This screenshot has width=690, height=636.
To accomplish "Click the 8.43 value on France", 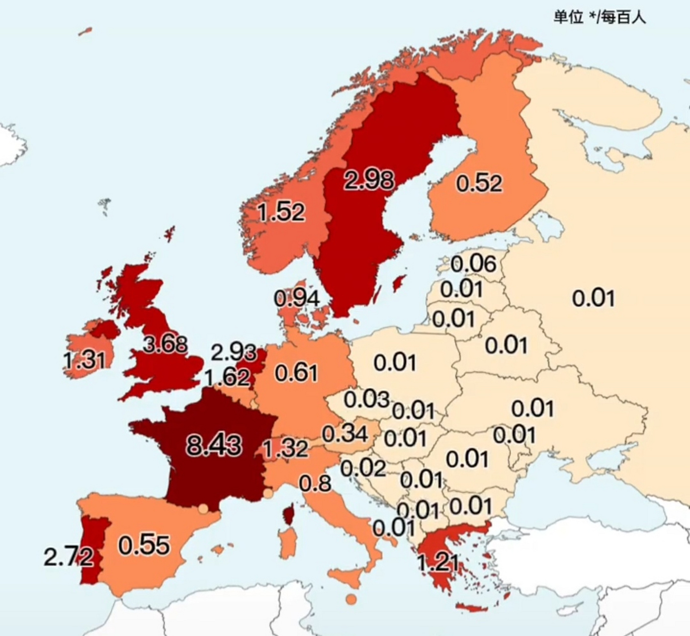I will point(214,445).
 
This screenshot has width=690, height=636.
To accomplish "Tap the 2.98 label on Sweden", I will point(369,180).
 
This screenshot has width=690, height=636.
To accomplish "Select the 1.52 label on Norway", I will point(281,213).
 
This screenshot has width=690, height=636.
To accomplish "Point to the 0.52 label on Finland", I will point(479,183).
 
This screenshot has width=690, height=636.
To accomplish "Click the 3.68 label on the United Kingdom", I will point(165,344).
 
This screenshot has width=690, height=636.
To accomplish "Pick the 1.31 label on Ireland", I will point(85,359).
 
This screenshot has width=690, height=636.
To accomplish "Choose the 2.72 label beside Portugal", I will point(68,557).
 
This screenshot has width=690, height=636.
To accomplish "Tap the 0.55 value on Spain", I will point(144,545).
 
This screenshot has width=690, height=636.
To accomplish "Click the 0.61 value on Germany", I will point(296,373).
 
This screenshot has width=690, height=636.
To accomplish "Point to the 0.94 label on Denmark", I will point(296,298).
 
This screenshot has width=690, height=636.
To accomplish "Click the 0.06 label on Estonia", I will point(473,264).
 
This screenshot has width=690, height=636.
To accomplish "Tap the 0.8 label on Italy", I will point(315,483).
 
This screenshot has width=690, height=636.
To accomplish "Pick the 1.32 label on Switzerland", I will point(285,449).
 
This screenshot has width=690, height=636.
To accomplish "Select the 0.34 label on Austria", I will point(345,434).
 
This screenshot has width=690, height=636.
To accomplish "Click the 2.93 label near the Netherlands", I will point(233,353).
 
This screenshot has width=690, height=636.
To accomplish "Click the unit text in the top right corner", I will point(600,17).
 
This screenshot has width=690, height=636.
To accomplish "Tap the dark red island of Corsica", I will point(288,514).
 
